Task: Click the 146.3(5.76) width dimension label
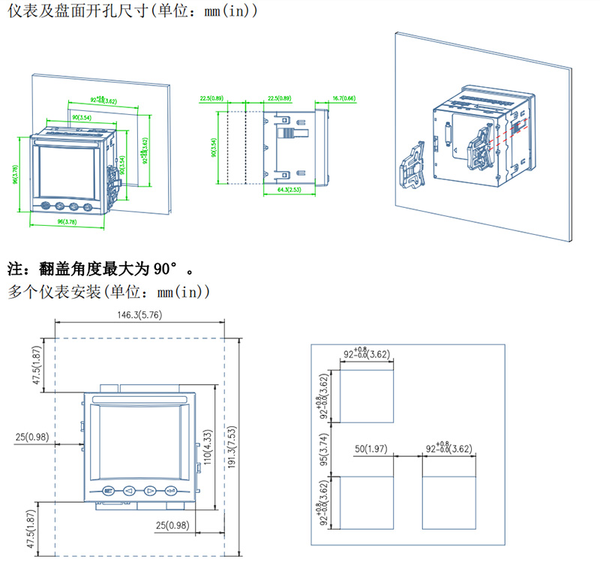(139, 315)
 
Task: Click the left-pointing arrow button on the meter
(128, 491)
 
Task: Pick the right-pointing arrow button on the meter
(149, 491)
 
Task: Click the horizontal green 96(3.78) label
(67, 222)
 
